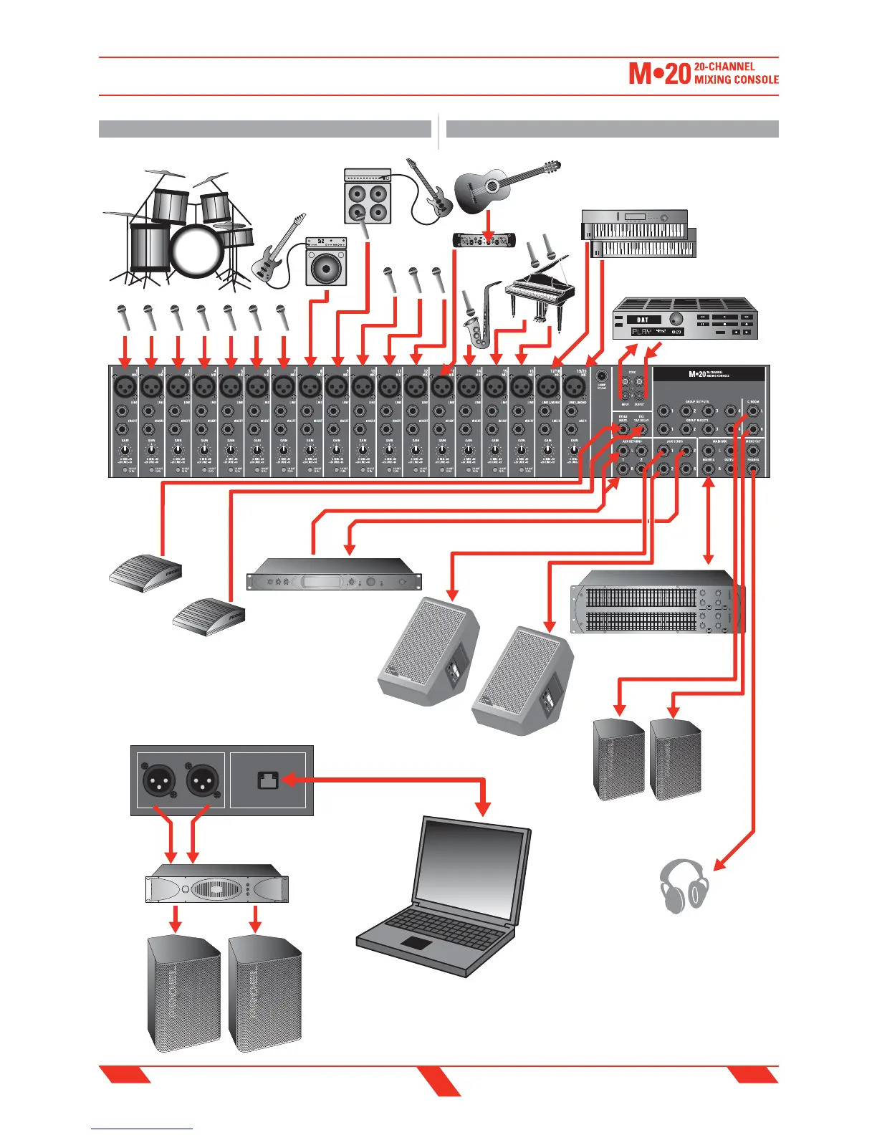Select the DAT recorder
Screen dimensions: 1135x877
(685, 320)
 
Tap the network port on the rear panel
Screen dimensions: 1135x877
(267, 779)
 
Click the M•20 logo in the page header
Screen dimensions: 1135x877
(659, 74)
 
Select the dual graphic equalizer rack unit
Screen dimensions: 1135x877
(656, 602)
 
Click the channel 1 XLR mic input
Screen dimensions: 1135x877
(125, 388)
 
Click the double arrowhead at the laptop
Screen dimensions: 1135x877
(484, 807)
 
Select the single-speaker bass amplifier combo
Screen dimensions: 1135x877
(326, 262)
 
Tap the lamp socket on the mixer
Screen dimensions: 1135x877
(602, 375)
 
